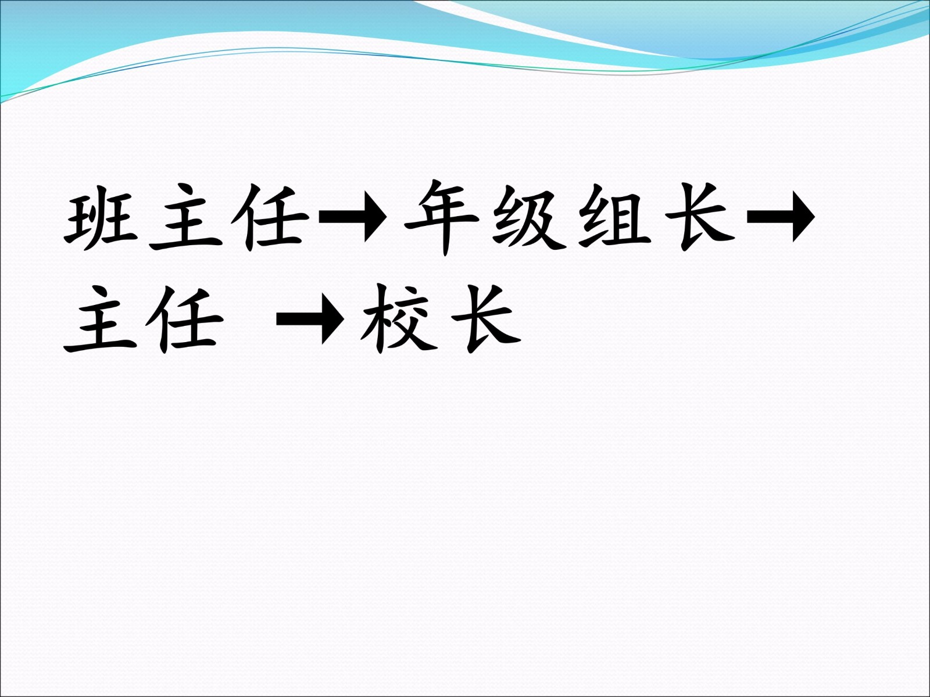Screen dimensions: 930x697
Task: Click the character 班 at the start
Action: click(x=101, y=217)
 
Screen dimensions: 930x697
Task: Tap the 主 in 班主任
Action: click(x=186, y=217)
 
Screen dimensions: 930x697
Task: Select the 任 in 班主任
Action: click(x=270, y=217)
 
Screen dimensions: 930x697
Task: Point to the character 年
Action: click(x=442, y=217)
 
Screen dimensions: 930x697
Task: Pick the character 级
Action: click(x=528, y=217)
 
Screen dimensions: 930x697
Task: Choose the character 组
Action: click(x=615, y=217)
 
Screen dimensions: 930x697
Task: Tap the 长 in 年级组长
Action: click(x=699, y=217)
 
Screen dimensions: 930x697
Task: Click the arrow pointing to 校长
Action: click(x=310, y=319)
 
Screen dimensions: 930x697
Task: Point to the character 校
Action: click(x=398, y=319)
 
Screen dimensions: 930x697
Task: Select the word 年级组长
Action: click(x=570, y=217)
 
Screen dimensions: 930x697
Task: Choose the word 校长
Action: click(x=441, y=319)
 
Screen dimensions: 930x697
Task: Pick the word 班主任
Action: click(x=187, y=217)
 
